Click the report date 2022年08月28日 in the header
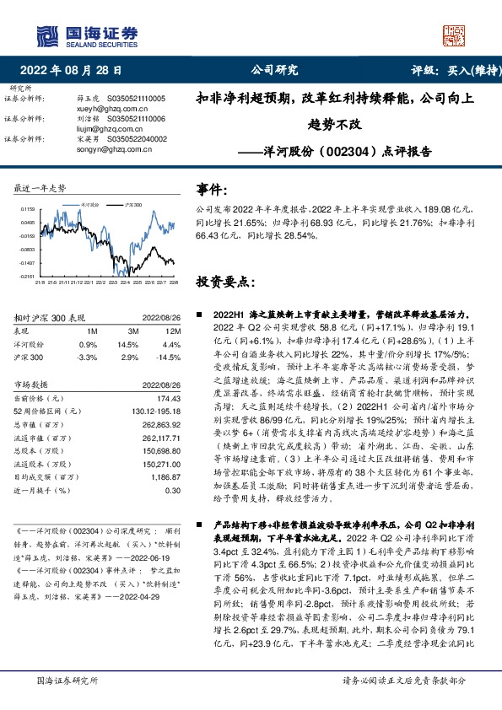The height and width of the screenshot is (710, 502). pyautogui.click(x=75, y=71)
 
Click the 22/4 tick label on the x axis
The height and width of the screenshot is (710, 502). pyautogui.click(x=122, y=282)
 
